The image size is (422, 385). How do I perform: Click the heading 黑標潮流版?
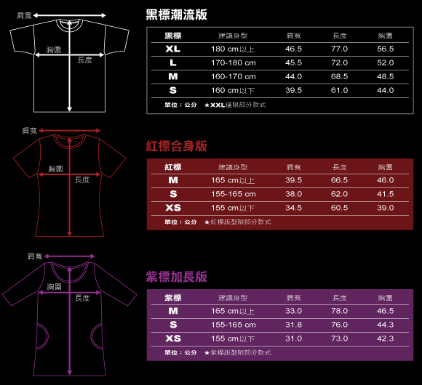click(x=176, y=15)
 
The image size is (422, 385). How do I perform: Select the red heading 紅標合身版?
click(x=176, y=146)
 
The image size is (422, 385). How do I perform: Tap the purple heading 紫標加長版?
click(x=176, y=277)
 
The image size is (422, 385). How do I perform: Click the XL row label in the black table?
click(x=173, y=49)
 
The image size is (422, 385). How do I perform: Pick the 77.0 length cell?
click(x=339, y=49)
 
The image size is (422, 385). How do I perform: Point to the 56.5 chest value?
click(x=386, y=49)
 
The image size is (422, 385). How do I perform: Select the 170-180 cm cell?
click(x=234, y=63)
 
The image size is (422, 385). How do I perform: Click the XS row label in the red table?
click(x=173, y=208)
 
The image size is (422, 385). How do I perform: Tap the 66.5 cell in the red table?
click(x=339, y=180)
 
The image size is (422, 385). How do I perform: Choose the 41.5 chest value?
click(x=386, y=194)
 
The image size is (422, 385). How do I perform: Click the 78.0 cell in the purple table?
click(x=339, y=311)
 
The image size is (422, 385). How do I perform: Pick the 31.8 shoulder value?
click(x=294, y=325)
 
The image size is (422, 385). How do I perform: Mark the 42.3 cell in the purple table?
click(x=386, y=339)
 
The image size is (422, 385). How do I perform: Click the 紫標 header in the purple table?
click(x=173, y=298)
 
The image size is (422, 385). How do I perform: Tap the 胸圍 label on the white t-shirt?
click(x=54, y=49)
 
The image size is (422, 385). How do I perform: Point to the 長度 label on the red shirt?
click(x=82, y=179)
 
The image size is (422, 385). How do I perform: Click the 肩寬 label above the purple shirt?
click(x=35, y=256)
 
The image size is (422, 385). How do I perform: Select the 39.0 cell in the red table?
click(x=386, y=208)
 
